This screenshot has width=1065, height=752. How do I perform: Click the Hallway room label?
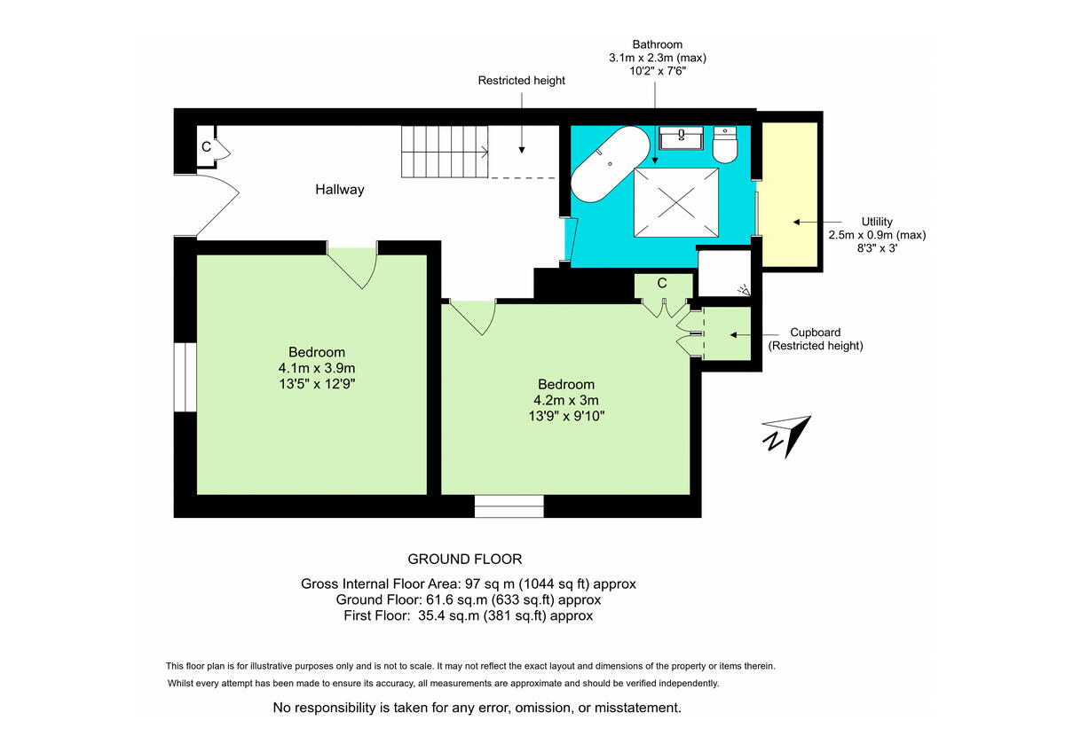click(x=339, y=190)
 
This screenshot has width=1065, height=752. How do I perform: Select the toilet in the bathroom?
click(x=726, y=146)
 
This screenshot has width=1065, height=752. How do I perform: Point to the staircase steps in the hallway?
click(x=445, y=152)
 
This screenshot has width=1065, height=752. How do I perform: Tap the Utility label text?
click(x=876, y=222)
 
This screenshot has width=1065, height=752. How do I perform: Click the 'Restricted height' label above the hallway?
click(x=521, y=81)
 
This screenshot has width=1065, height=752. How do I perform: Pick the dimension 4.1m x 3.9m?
click(x=317, y=368)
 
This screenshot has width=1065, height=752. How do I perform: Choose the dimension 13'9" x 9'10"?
click(x=565, y=414)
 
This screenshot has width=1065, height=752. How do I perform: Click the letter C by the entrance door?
click(x=206, y=147)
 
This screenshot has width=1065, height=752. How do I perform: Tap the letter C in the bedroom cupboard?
click(x=662, y=284)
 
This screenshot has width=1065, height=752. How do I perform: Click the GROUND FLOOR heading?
click(x=464, y=559)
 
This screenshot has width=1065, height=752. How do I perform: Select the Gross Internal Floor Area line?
click(x=468, y=584)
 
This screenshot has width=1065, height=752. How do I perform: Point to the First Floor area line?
click(x=468, y=615)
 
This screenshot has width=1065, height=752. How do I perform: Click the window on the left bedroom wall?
click(x=185, y=377)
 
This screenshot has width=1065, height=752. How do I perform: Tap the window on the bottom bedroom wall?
click(x=509, y=505)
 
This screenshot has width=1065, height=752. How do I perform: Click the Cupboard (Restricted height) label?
click(x=815, y=340)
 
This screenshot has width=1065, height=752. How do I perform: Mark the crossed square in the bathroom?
click(x=675, y=202)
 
